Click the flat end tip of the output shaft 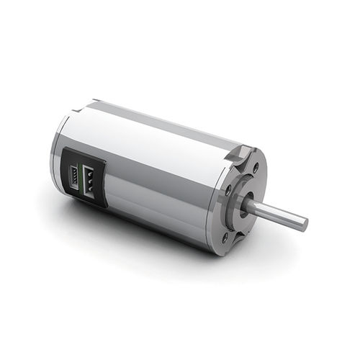(x=304, y=223)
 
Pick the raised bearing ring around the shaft (x=243, y=203)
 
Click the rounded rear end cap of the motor (x=58, y=155)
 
